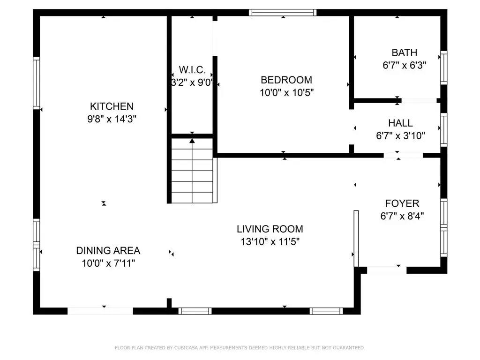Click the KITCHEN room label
[112, 106]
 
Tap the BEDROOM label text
[286, 80]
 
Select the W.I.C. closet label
[192, 70]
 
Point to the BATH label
[405, 52]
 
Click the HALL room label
[400, 123]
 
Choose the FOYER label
[402, 203]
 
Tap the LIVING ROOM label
[270, 229]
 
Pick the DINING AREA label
[108, 251]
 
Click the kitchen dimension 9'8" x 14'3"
[112, 119]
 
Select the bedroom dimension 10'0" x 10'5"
[286, 92]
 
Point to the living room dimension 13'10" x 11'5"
[270, 241]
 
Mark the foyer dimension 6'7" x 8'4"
[402, 216]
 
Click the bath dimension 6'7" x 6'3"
[405, 65]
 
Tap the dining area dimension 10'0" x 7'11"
[108, 263]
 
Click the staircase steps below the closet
[192, 171]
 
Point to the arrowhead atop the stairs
[192, 141]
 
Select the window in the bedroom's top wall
[283, 13]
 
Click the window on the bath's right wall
[443, 67]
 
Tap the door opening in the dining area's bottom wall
[100, 311]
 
